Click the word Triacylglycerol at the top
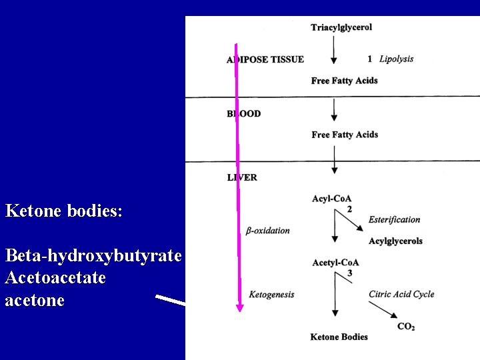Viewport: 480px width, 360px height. [x=341, y=27]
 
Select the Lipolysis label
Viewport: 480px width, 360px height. [x=396, y=59]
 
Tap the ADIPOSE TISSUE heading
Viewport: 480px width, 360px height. [x=265, y=59]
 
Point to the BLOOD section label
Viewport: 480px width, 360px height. [x=244, y=114]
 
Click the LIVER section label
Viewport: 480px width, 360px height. [x=242, y=178]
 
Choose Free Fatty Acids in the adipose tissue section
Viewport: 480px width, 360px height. [x=344, y=81]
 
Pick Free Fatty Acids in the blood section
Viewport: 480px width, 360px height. [x=345, y=135]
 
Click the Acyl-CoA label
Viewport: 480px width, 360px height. [x=331, y=199]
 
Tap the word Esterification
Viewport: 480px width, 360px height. [x=395, y=219]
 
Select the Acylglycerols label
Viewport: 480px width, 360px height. [x=395, y=241]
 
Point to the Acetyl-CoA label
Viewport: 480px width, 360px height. [x=335, y=263]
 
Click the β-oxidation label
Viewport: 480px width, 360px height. [x=268, y=231]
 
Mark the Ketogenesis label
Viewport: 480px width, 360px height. [x=271, y=294]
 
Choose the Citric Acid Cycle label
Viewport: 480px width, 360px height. [x=401, y=294]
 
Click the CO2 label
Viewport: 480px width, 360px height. [x=406, y=326]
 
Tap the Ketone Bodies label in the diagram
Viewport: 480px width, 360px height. [x=339, y=337]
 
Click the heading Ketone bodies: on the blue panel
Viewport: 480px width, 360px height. [x=63, y=212]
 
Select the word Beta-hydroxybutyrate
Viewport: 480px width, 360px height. [x=93, y=255]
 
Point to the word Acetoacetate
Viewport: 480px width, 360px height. [x=55, y=277]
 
